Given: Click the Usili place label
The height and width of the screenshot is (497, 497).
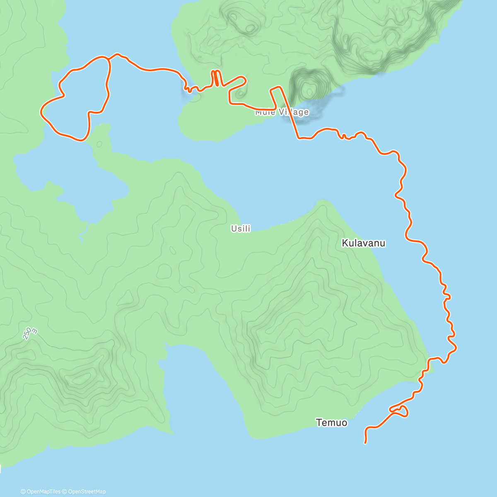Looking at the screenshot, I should click(241, 228).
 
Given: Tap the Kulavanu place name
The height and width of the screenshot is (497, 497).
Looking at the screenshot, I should click(363, 243).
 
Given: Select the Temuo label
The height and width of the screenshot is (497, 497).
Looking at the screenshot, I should click(331, 423).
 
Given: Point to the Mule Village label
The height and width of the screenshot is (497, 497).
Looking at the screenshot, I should click(282, 112).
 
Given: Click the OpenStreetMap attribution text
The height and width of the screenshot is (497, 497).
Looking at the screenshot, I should click(86, 492).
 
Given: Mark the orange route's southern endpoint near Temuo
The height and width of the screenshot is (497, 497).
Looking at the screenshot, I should click(365, 443).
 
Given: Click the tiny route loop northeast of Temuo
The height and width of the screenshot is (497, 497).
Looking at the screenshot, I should click(402, 411).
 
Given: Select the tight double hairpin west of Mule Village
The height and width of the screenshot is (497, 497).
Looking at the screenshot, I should click(216, 78).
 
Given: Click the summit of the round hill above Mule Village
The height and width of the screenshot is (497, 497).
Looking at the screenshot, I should click(309, 89).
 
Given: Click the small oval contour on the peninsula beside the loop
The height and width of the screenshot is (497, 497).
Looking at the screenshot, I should click(99, 144).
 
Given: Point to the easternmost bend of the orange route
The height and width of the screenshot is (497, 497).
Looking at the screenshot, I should click(456, 347).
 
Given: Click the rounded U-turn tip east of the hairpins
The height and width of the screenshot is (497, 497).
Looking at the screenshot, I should click(245, 79).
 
